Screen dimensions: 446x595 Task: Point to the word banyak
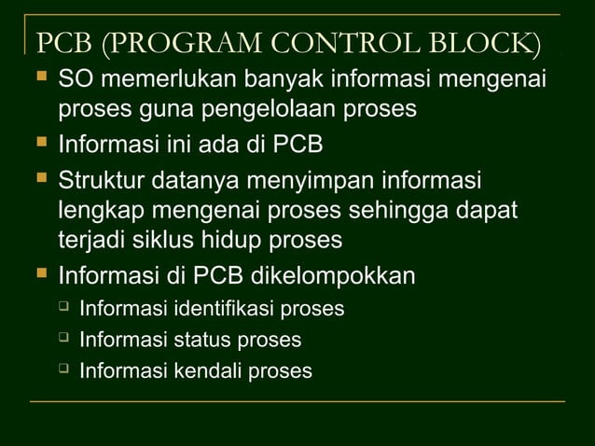click(x=269, y=81)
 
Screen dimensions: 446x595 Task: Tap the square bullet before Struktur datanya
click(x=40, y=176)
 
